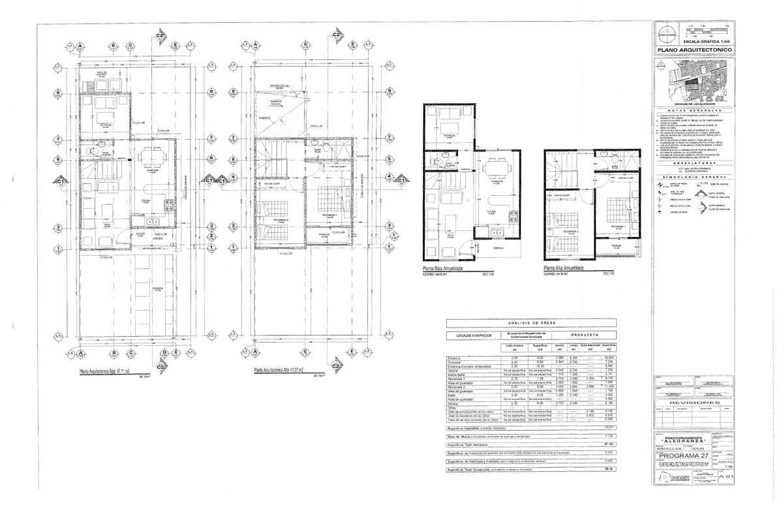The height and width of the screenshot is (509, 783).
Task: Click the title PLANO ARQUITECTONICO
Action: [695, 50]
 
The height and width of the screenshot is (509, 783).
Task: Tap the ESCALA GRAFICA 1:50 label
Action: [703, 40]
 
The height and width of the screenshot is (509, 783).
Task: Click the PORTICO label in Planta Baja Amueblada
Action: [499, 248]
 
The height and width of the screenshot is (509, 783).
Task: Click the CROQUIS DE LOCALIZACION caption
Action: [695, 104]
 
